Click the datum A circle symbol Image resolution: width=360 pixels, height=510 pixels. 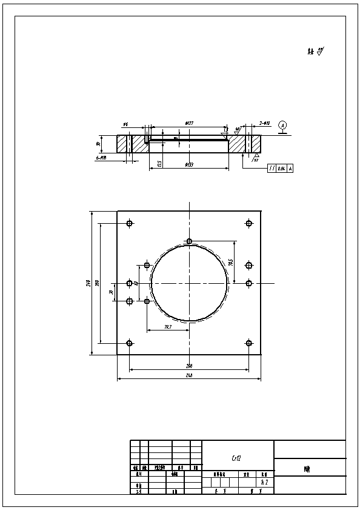tap(282, 125)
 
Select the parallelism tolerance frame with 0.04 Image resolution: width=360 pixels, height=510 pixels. tap(280, 168)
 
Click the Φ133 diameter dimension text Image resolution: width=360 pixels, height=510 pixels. tap(189, 165)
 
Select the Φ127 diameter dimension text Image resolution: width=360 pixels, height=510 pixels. tap(189, 124)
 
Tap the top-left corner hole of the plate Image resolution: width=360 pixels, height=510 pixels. tap(129, 223)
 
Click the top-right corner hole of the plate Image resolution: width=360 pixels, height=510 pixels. tap(248, 223)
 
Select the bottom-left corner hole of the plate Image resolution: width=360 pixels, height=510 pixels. tap(129, 343)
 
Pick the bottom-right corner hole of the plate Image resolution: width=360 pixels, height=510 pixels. tap(248, 343)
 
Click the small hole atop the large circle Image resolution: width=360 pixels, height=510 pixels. tap(189, 241)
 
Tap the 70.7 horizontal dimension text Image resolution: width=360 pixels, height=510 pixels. tap(168, 327)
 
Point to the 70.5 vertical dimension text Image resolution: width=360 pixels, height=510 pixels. tap(231, 262)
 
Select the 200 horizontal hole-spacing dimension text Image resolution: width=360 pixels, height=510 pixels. tap(189, 366)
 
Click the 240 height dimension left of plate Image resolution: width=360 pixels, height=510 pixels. tap(88, 283)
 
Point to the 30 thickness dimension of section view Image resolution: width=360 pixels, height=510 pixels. tap(98, 144)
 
